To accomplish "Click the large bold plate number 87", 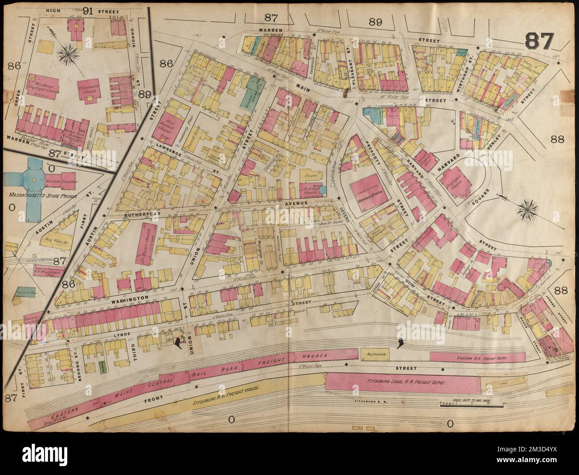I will pyautogui.click(x=539, y=42).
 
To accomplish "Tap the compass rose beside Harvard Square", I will pyautogui.click(x=528, y=207).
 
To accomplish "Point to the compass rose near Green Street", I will pyautogui.click(x=68, y=55).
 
